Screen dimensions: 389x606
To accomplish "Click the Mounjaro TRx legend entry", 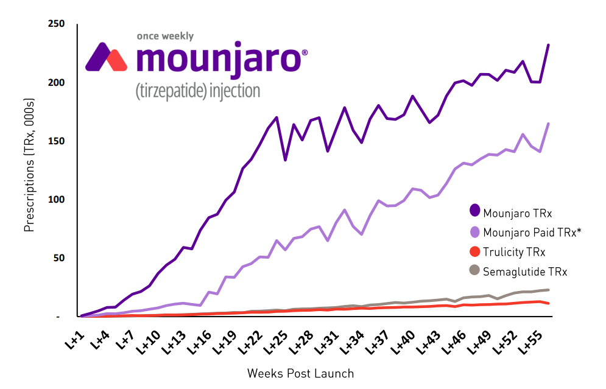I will pyautogui.click(x=511, y=213).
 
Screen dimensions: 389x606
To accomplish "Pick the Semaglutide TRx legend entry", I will pyautogui.click(x=524, y=272).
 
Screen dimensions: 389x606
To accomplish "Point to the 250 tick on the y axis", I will pyautogui.click(x=56, y=24).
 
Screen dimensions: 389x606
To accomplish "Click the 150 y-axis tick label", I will pyautogui.click(x=56, y=141).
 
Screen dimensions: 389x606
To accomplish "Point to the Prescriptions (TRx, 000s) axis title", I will pyautogui.click(x=29, y=170).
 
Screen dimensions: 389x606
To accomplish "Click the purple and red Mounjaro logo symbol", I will pyautogui.click(x=106, y=57).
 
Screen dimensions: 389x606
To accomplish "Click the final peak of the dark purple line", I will pyautogui.click(x=548, y=45).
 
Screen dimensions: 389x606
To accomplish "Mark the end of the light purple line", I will pyautogui.click(x=549, y=124).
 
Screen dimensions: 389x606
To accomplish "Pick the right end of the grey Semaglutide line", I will pyautogui.click(x=549, y=290).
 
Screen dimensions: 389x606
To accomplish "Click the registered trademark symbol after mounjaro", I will pyautogui.click(x=305, y=53).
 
